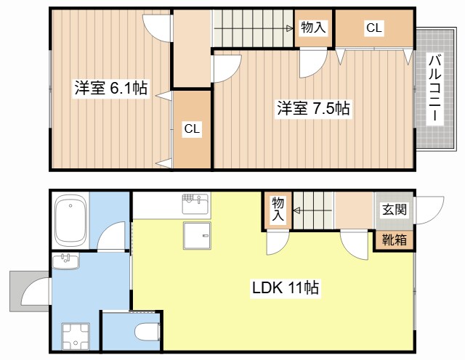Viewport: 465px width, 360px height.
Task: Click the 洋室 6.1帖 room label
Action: (111, 89)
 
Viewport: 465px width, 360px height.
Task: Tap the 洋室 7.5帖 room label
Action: (313, 109)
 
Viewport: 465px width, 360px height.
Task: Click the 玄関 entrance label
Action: (394, 210)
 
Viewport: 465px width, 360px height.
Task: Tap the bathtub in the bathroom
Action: (71, 221)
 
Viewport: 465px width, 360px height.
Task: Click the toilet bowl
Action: (147, 332)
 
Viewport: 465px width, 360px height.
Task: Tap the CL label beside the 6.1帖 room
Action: (191, 129)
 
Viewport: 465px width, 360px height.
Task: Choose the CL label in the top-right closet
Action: (373, 28)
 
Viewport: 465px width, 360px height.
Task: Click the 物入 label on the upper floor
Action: (314, 28)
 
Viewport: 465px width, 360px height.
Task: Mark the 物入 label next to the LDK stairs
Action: (278, 209)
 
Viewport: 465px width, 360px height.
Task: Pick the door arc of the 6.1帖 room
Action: (155, 29)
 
